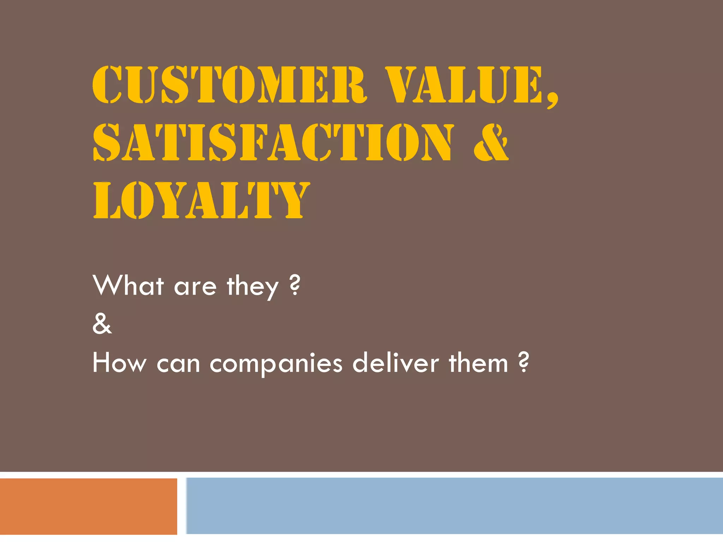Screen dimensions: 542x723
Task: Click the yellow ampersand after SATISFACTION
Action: pyautogui.click(x=491, y=142)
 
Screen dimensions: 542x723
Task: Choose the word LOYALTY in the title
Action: pyautogui.click(x=201, y=200)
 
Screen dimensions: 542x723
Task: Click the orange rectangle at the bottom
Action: pyautogui.click(x=88, y=506)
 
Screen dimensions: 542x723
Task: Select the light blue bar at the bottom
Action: pyautogui.click(x=455, y=506)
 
